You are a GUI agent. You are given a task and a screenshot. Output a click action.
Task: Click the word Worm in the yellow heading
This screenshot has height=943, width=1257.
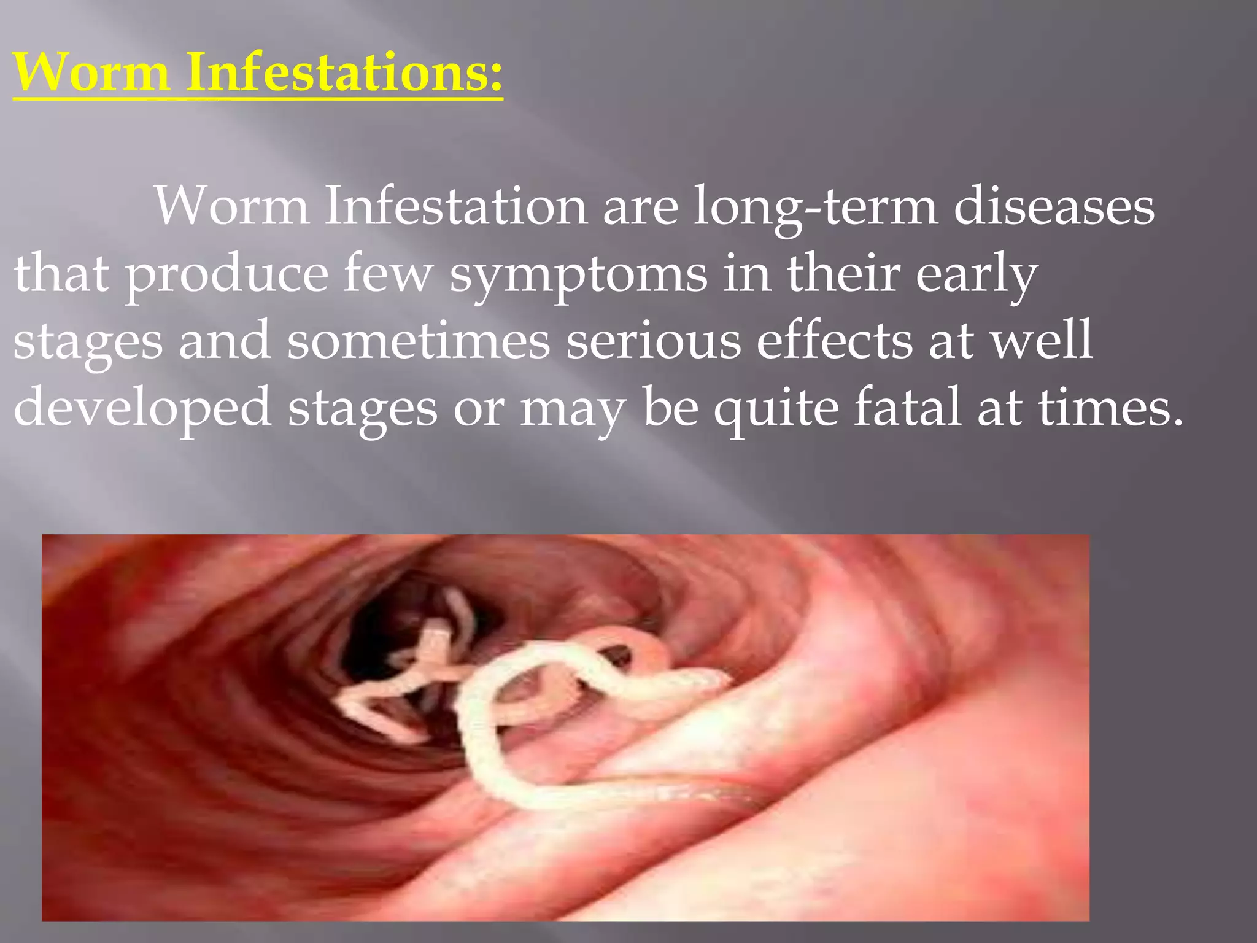tap(91, 72)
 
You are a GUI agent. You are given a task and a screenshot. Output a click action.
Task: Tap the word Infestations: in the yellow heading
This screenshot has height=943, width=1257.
tap(344, 72)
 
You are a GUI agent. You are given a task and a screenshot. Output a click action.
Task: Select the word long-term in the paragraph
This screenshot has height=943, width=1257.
tap(816, 208)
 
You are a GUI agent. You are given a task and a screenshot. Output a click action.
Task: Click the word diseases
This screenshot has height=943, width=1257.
tap(1054, 206)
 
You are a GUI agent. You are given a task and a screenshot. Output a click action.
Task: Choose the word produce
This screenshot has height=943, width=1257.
tap(226, 275)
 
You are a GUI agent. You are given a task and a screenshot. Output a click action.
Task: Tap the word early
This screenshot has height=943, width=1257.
tap(977, 275)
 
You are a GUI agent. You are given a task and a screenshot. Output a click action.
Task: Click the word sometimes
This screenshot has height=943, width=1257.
tap(419, 341)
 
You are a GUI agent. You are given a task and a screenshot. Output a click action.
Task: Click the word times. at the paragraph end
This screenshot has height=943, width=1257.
tap(1110, 407)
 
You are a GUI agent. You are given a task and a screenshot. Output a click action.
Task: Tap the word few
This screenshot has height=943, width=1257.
tap(388, 274)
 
